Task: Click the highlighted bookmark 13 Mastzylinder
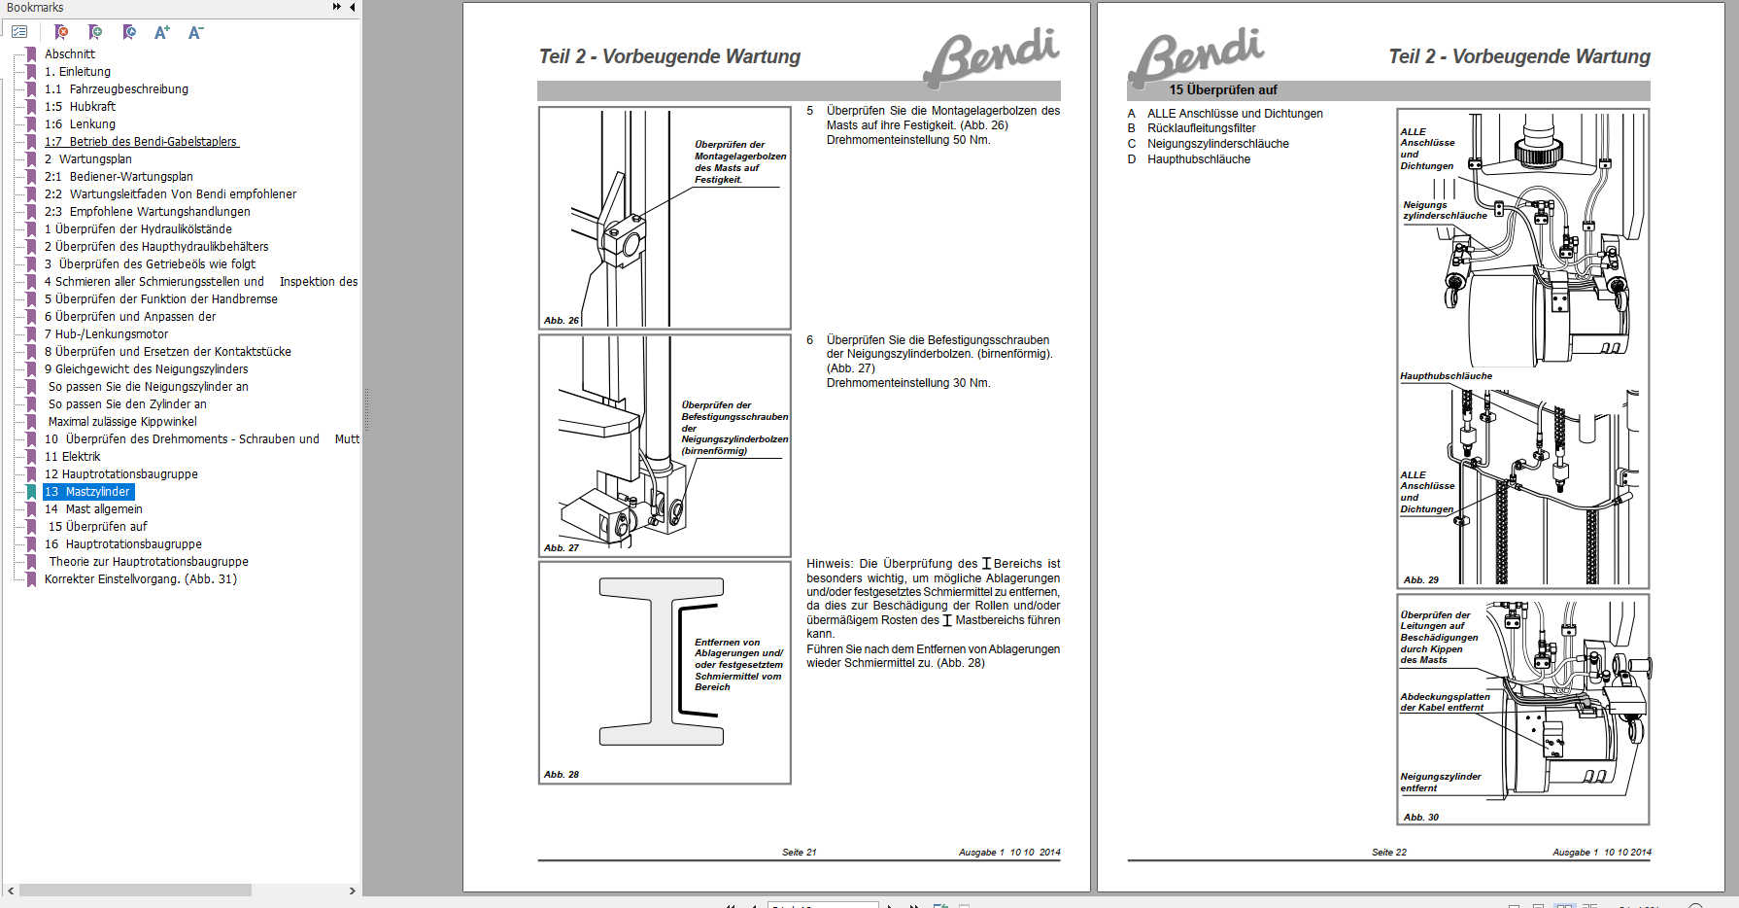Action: point(87,492)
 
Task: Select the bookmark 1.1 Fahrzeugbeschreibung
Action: point(117,89)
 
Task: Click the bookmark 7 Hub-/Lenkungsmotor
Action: point(106,334)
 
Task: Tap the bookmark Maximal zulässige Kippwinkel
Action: point(122,422)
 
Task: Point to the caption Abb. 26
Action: point(561,320)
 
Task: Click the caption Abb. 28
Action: point(561,775)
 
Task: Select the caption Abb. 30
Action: point(1420,818)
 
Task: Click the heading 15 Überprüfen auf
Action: point(1222,90)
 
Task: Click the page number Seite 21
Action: point(799,853)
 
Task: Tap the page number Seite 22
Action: point(1388,853)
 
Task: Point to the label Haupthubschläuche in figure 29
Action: point(1446,376)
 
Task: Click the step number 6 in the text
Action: point(809,340)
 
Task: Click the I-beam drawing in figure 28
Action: point(661,662)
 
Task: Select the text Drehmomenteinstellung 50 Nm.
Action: point(907,140)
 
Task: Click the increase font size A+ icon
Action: point(161,32)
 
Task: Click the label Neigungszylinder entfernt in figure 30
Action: point(1440,783)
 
